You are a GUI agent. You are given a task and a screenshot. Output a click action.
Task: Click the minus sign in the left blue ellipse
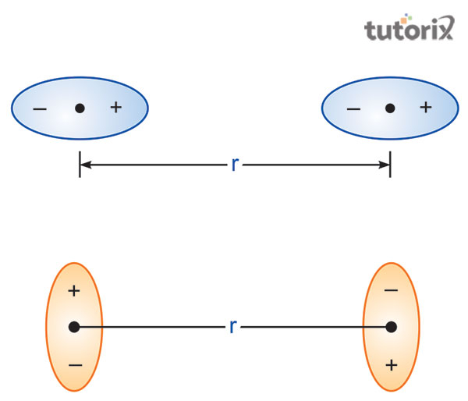(40, 108)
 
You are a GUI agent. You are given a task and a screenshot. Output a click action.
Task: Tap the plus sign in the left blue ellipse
(115, 107)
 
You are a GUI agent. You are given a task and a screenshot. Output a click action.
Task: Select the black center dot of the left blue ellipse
(80, 108)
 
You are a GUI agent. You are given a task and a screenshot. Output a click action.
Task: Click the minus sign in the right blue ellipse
(353, 108)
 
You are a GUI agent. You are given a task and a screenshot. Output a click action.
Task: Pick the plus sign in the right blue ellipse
(425, 107)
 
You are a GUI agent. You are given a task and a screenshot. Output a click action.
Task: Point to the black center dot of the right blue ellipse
(390, 108)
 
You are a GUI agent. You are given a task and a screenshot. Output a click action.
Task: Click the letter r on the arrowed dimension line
(235, 165)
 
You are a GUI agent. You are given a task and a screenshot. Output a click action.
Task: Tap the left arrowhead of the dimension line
(87, 165)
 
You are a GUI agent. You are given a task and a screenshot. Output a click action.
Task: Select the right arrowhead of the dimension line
(383, 165)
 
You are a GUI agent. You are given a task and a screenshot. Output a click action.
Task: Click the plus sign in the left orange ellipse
(74, 291)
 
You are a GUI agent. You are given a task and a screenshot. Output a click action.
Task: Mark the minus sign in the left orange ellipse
(74, 364)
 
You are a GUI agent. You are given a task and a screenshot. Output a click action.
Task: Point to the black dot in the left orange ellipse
(74, 327)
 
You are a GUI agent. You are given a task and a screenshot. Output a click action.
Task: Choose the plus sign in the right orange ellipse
(392, 364)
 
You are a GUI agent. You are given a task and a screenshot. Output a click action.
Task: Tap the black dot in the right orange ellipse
(392, 327)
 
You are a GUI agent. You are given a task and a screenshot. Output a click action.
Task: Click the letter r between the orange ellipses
(232, 327)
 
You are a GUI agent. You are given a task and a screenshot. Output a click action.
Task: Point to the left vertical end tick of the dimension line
(80, 165)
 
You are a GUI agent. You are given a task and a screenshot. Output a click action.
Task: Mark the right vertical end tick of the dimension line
(390, 165)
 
